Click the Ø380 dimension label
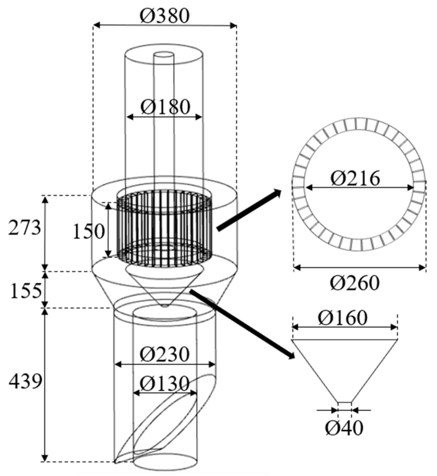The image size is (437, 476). click(x=164, y=16)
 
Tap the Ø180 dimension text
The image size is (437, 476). click(x=165, y=107)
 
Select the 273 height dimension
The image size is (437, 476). click(x=24, y=228)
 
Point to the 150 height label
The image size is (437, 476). click(x=89, y=232)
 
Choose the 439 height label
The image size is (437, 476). click(x=25, y=382)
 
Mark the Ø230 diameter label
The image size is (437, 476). click(x=164, y=354)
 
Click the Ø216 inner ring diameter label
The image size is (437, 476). click(x=355, y=178)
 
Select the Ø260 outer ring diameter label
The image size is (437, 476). click(x=355, y=283)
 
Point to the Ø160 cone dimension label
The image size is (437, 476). click(x=343, y=318)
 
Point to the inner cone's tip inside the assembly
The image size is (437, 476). click(x=165, y=306)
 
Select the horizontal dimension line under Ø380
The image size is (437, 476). click(x=165, y=25)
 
